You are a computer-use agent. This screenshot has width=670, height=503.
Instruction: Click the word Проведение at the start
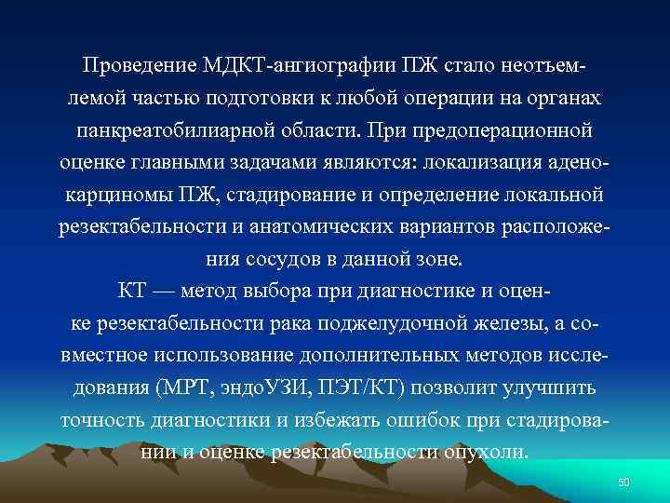click(x=139, y=68)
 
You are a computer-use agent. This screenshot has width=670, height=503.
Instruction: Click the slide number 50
click(x=624, y=481)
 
